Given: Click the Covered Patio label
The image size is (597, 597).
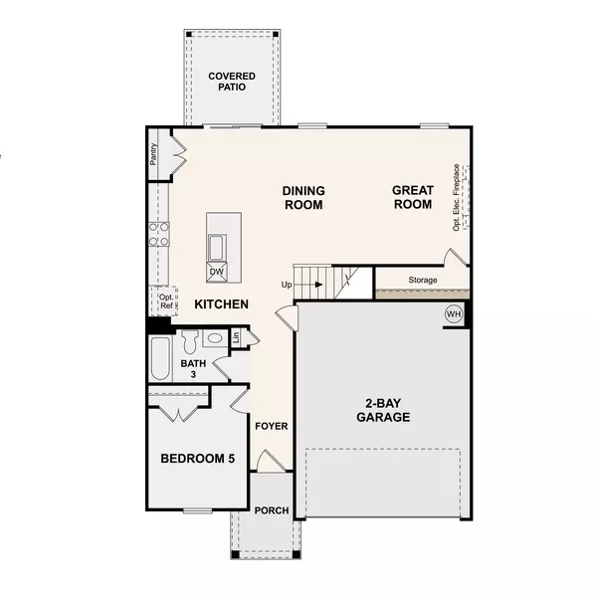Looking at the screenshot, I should pos(231,82).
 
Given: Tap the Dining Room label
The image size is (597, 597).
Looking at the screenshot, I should pos(303,197).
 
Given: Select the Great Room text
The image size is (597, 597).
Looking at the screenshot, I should pos(411,197).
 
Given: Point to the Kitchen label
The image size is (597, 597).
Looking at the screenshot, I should pos(221,304).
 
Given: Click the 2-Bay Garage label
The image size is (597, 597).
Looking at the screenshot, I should pos(383,411).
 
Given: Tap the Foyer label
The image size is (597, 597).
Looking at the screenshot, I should pos(272,426).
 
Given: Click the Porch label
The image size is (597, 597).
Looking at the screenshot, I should pos(272,510).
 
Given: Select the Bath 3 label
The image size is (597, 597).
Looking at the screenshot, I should pos(193,369).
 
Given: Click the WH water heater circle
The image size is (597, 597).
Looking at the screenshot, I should pos(454,315).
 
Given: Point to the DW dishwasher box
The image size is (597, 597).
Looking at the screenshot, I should pos(216,271).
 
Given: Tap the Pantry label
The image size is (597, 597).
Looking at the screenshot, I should pos(153,155).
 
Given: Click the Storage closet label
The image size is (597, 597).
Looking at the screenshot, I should pos(422,281).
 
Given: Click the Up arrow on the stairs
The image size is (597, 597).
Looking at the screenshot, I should pos(316,284).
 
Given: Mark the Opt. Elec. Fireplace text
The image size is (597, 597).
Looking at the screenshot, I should pos(457,195).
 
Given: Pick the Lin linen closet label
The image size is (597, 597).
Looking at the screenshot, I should pos(236,337).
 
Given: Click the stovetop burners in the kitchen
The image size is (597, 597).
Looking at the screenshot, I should pos(159,234).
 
